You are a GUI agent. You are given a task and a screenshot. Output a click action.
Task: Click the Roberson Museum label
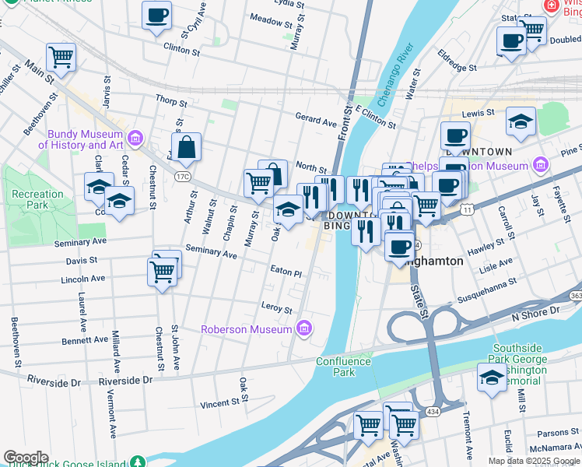(x=246, y=329)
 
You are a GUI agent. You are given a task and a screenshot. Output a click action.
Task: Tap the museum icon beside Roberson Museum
(x=303, y=328)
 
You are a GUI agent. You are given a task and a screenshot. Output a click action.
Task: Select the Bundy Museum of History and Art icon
(x=137, y=139)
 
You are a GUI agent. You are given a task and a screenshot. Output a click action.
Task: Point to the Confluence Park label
(x=335, y=367)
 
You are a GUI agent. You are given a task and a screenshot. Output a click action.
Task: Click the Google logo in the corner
(x=26, y=458)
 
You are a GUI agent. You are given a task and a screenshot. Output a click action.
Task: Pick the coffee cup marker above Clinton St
(x=156, y=15)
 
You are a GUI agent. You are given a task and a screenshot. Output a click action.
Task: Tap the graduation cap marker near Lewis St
(x=521, y=121)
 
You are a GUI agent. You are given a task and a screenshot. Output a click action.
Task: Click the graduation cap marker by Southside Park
(x=491, y=378)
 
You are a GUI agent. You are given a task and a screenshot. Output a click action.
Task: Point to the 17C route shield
(x=182, y=177)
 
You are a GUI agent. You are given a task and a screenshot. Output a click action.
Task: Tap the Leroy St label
(x=276, y=310)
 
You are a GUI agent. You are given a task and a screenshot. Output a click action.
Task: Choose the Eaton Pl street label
(x=286, y=273)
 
